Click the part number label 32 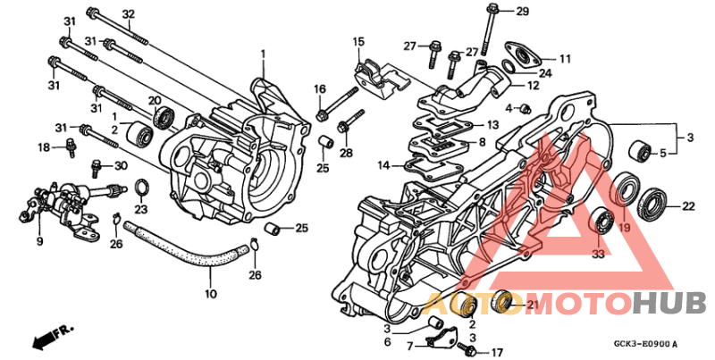tap(128, 13)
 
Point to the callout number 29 tap(522, 11)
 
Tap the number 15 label tap(358, 42)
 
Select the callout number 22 tap(688, 206)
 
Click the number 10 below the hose tap(211, 294)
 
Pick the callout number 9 tap(39, 240)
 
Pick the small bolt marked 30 tap(97, 165)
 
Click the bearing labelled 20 tap(164, 117)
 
